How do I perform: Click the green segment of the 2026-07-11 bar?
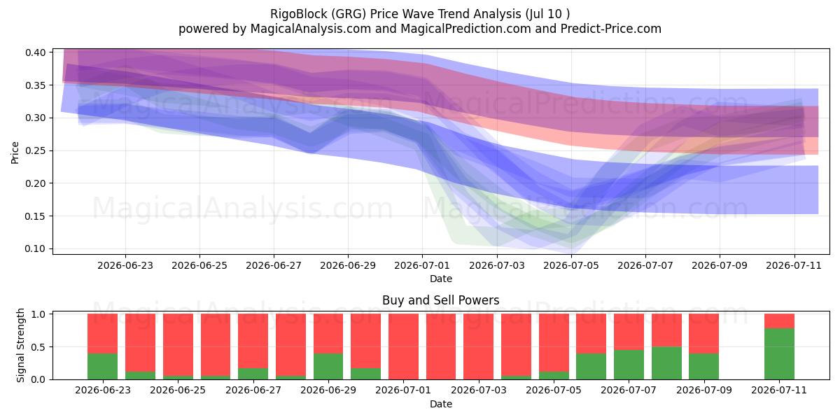(779, 353)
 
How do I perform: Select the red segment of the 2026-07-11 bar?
(779, 321)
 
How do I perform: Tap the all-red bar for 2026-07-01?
(403, 346)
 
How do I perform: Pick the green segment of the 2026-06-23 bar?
(102, 366)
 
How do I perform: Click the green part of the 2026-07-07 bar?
(629, 365)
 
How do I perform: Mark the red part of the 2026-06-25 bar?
(178, 344)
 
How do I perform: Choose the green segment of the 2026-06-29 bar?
(328, 366)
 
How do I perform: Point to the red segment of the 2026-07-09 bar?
(704, 333)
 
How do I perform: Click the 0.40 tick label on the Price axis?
(35, 52)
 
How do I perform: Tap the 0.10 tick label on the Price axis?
(35, 248)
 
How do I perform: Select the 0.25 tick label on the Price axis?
(35, 150)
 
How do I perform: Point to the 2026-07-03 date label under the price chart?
(497, 265)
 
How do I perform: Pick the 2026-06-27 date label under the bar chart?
(253, 390)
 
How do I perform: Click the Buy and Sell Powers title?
(440, 300)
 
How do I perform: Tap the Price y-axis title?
(15, 153)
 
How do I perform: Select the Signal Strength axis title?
(20, 345)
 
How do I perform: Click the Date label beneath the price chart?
(440, 279)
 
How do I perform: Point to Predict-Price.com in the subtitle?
(611, 29)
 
